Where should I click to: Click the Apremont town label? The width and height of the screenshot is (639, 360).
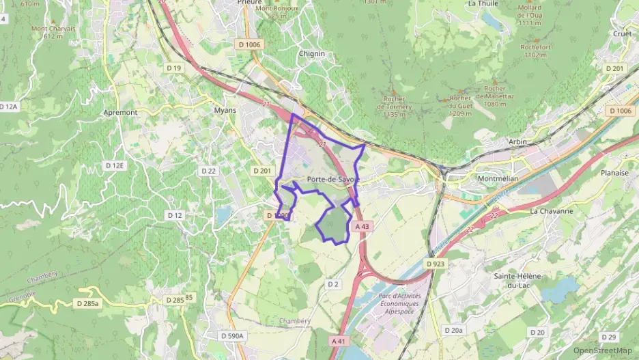120,112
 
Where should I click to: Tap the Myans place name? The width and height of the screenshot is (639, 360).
225,110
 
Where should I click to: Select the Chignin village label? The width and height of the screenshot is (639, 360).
311,53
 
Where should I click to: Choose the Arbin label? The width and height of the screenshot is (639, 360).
517,141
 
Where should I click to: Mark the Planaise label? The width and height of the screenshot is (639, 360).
614,173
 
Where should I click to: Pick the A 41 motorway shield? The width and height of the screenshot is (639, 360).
339,340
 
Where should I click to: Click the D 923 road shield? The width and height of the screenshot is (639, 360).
436,263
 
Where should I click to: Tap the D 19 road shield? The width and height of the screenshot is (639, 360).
173,68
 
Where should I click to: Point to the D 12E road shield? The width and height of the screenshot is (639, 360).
115,165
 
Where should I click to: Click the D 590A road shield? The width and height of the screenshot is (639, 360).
233,335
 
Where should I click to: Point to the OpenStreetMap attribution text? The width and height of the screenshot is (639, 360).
603,350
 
